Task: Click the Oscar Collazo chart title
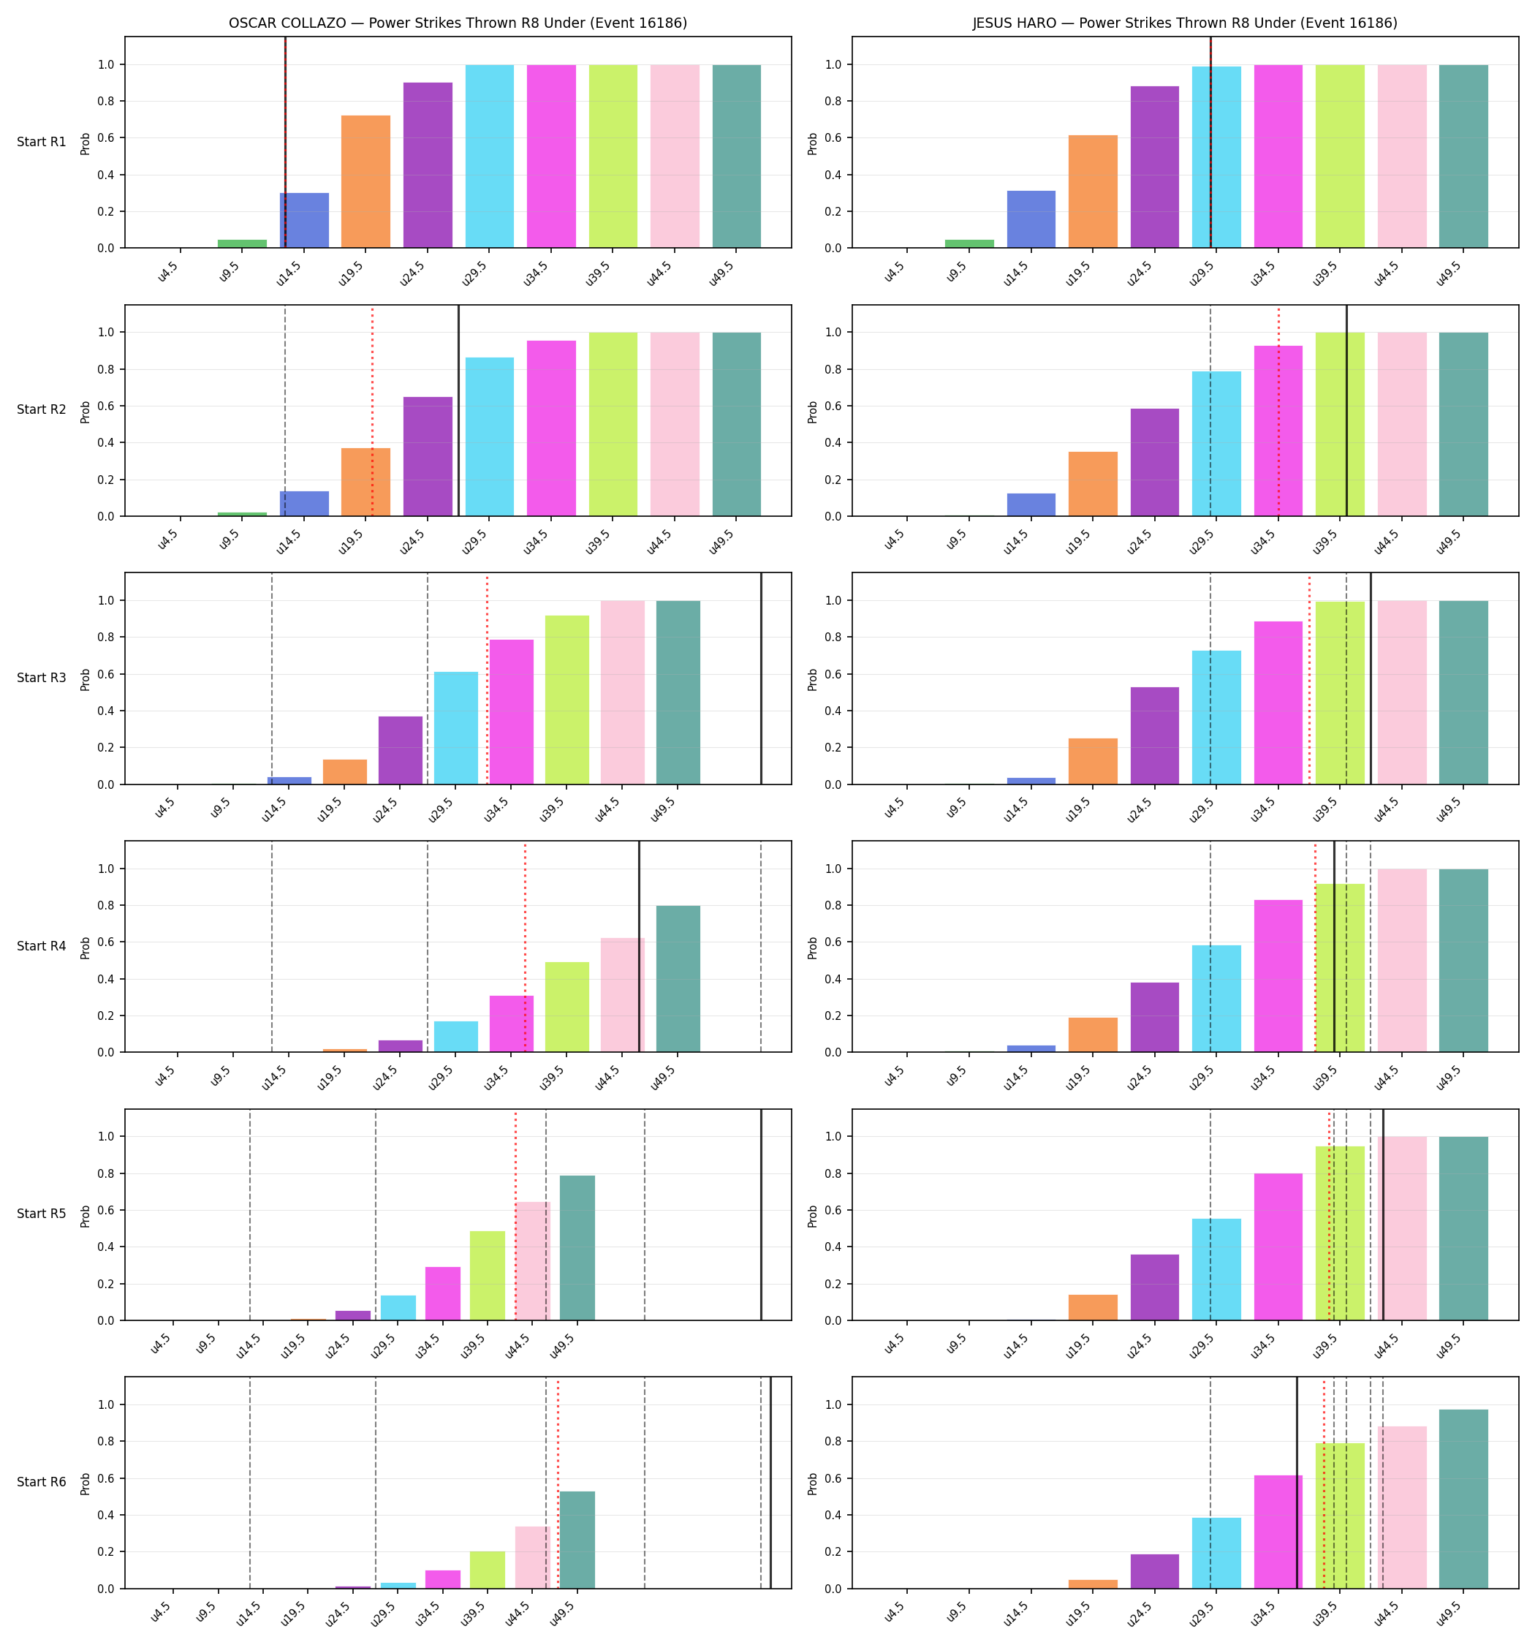[x=458, y=23]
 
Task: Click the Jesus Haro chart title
[x=1185, y=23]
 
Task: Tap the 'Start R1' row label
[x=42, y=143]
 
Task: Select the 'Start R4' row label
[x=42, y=947]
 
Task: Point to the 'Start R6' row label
[x=42, y=1482]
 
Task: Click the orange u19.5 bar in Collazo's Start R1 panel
[x=365, y=182]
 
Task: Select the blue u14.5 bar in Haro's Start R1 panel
[x=1031, y=219]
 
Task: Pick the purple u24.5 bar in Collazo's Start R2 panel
[x=428, y=457]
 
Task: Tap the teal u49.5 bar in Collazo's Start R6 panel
[x=577, y=1540]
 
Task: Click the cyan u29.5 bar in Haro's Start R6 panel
[x=1216, y=1553]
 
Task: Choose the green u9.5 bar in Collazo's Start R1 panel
[x=243, y=244]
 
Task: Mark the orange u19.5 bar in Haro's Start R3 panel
[x=1093, y=761]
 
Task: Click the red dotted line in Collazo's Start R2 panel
[x=372, y=411]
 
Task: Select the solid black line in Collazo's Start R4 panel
[x=639, y=947]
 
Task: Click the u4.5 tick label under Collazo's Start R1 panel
[x=168, y=273]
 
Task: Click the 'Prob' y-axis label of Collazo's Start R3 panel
[x=86, y=679]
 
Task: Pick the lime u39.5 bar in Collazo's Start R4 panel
[x=566, y=1007]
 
